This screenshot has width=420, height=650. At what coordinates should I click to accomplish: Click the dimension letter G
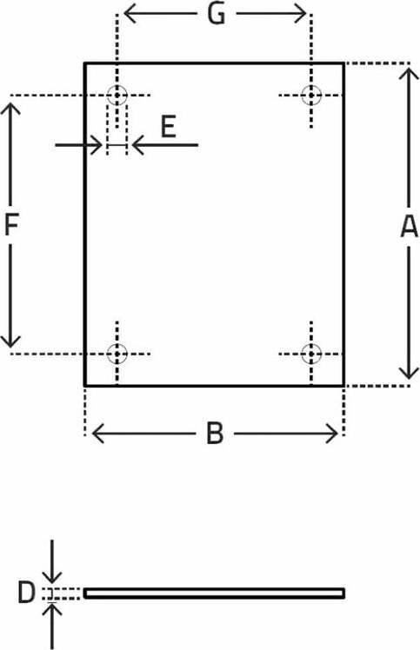(217, 15)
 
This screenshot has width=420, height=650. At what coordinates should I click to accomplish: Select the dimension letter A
(409, 227)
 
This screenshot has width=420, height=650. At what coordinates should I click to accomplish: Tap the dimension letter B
(215, 434)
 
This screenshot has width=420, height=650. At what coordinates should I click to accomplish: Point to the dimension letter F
(10, 225)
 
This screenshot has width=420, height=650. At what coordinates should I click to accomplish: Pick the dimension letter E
(169, 127)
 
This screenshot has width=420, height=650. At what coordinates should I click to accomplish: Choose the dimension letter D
(26, 593)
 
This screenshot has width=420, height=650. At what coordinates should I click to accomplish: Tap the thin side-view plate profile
(214, 594)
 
